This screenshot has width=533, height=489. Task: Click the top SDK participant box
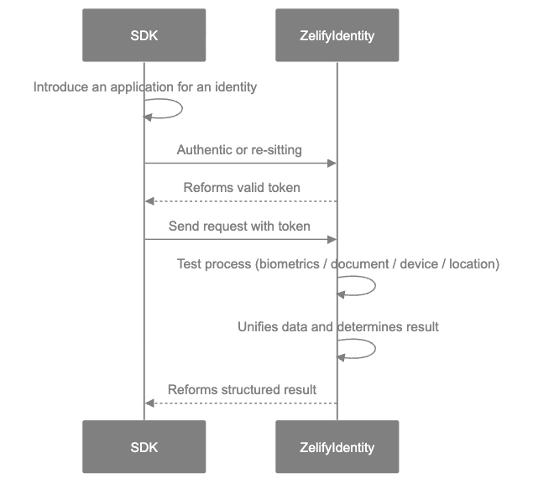144,35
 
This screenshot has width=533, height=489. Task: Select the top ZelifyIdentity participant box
337,35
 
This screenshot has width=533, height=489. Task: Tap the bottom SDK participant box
144,446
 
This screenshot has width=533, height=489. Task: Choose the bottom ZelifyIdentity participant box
337,446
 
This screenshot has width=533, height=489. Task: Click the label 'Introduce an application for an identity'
144,86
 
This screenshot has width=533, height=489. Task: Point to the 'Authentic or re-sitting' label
239,150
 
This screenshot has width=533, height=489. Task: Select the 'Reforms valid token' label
242,188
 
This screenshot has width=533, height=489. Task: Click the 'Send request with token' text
239,226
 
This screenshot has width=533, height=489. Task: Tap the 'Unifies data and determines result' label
337,326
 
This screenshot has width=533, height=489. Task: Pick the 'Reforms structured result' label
242,389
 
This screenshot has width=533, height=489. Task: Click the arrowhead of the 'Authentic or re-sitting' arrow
332,164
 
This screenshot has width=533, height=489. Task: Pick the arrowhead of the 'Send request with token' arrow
332,239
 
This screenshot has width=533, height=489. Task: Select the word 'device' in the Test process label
417,264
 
